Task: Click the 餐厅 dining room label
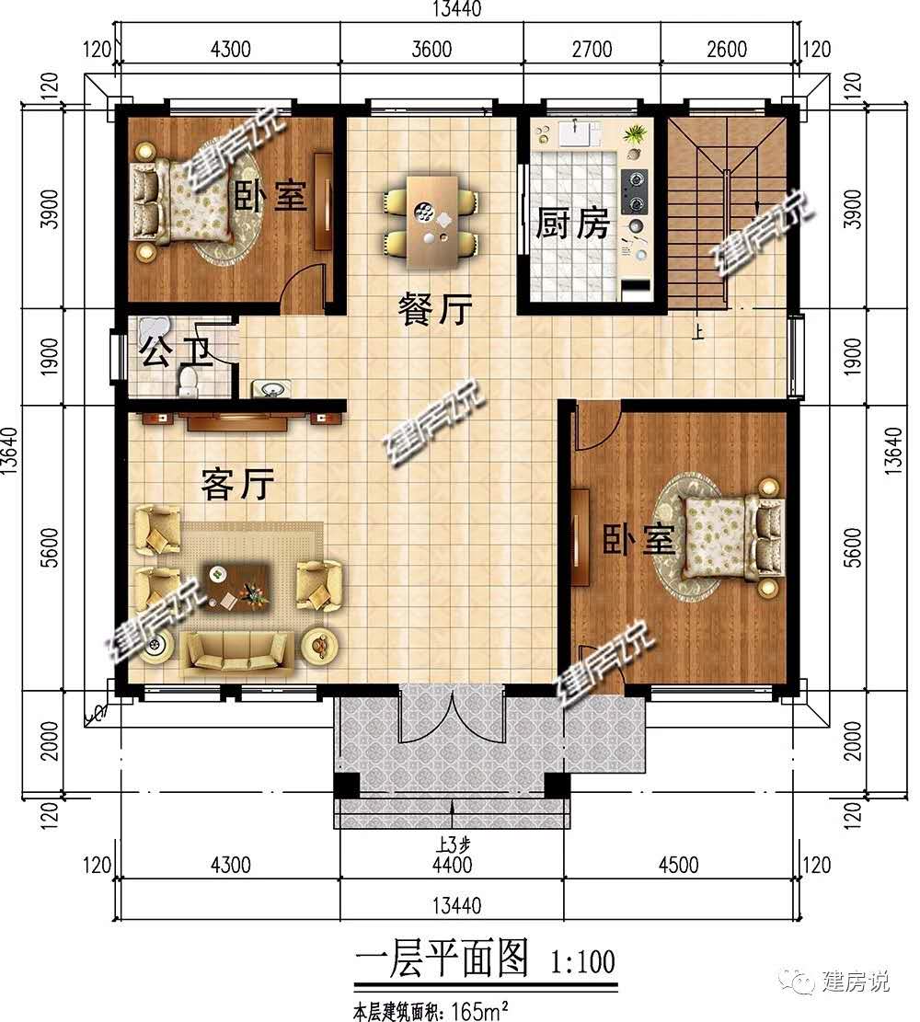tap(435, 309)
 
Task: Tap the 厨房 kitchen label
tap(572, 224)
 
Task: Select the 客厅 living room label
tap(237, 484)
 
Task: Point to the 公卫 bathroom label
tap(176, 352)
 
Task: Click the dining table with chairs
tap(431, 221)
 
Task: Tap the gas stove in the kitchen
tap(634, 191)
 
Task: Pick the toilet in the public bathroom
tap(188, 381)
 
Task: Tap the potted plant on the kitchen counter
tap(635, 135)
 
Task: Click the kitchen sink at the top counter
tap(574, 133)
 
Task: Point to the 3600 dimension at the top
tap(431, 49)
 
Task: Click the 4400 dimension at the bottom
tap(452, 865)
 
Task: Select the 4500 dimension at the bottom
tap(678, 865)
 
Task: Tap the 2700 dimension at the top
tap(592, 49)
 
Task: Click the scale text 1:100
tap(583, 962)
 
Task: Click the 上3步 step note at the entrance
tap(453, 845)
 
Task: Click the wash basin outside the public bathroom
tap(270, 389)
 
